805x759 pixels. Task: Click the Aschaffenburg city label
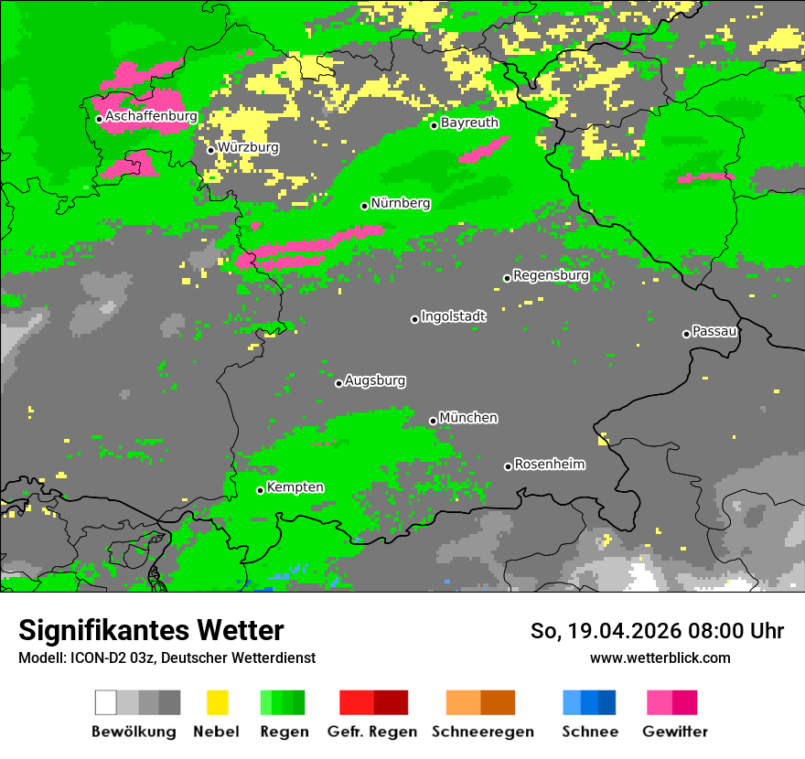(x=151, y=117)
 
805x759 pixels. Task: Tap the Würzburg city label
(x=248, y=147)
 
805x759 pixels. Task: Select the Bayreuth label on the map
(x=469, y=123)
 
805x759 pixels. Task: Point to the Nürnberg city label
(x=401, y=203)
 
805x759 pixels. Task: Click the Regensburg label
(x=551, y=275)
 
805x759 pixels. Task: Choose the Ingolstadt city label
(x=454, y=316)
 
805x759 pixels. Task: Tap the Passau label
(x=714, y=331)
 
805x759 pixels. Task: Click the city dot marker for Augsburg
(x=338, y=383)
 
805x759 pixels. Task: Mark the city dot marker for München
(x=434, y=422)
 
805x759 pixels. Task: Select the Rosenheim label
(x=549, y=465)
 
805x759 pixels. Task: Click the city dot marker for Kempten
(x=261, y=490)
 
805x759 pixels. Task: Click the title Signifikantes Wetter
(x=151, y=630)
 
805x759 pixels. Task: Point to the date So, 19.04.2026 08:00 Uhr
(x=657, y=631)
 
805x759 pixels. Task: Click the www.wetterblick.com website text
(x=660, y=657)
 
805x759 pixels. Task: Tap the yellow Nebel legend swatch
(x=217, y=702)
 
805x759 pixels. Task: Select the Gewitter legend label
(x=675, y=732)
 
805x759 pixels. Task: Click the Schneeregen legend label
(x=482, y=732)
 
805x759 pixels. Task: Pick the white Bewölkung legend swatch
(x=106, y=702)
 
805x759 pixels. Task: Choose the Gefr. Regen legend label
(x=372, y=732)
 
